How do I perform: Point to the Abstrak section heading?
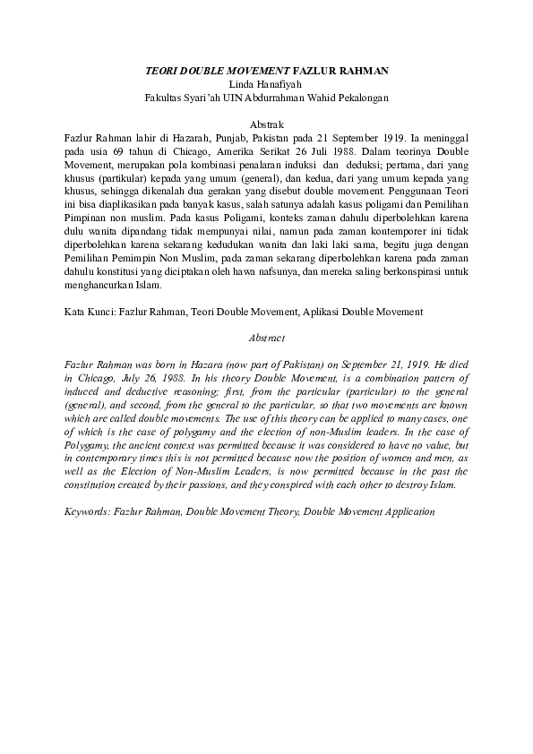click(x=267, y=126)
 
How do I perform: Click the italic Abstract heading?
click(x=267, y=338)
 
